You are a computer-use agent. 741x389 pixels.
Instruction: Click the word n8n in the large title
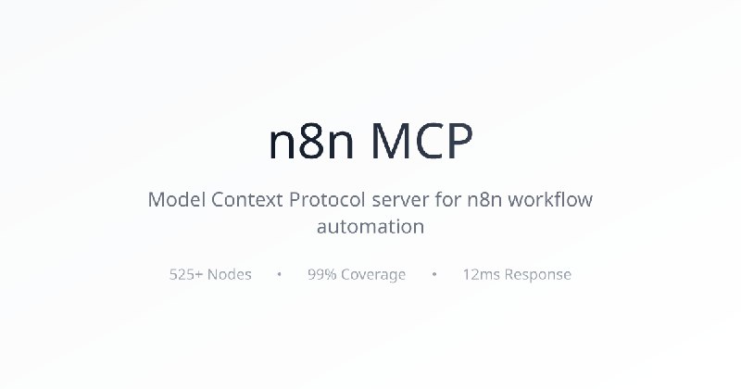[311, 141]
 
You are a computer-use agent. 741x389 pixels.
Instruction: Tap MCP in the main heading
[421, 141]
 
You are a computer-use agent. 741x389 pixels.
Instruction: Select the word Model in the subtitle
[176, 199]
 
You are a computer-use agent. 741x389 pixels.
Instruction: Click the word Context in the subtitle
[246, 199]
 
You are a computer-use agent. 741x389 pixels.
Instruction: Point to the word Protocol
[328, 199]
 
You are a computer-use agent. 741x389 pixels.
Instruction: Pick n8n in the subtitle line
[484, 199]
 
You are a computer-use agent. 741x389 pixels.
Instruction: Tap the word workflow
[550, 199]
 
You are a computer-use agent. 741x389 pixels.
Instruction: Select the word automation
[370, 226]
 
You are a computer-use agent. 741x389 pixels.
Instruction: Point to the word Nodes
[229, 274]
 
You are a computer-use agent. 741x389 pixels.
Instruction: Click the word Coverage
[373, 275]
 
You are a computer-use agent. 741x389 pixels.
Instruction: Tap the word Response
[538, 275]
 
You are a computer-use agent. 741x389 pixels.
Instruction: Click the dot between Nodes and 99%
[280, 274]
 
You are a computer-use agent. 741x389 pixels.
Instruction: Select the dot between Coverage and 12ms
[434, 274]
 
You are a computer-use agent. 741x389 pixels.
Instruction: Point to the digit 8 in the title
[311, 141]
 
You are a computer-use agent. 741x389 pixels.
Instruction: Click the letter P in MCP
[459, 141]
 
